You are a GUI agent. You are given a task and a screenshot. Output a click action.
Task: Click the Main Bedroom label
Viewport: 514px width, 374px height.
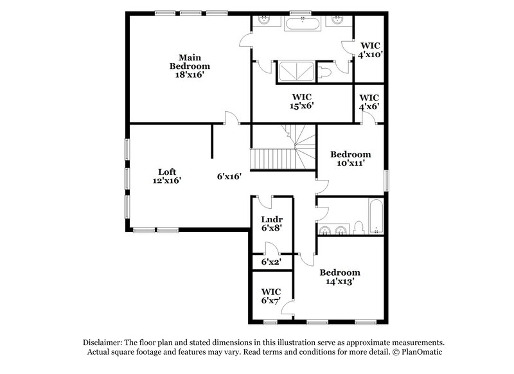pos(190,61)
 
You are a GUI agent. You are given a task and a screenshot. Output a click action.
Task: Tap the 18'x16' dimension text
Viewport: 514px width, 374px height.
pos(190,75)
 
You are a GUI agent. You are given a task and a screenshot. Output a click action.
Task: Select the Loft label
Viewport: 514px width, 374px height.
pos(168,172)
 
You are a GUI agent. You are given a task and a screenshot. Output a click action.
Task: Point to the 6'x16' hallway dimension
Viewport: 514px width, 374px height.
pos(229,176)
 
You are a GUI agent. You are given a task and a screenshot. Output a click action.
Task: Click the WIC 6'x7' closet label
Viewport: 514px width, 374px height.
pos(271,290)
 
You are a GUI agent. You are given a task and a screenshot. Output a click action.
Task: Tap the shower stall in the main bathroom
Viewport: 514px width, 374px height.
pos(296,72)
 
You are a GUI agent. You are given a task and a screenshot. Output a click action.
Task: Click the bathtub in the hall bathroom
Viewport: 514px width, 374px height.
pos(375,217)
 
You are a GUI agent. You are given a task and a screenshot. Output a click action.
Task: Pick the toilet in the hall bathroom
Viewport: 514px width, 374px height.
pos(360,226)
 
